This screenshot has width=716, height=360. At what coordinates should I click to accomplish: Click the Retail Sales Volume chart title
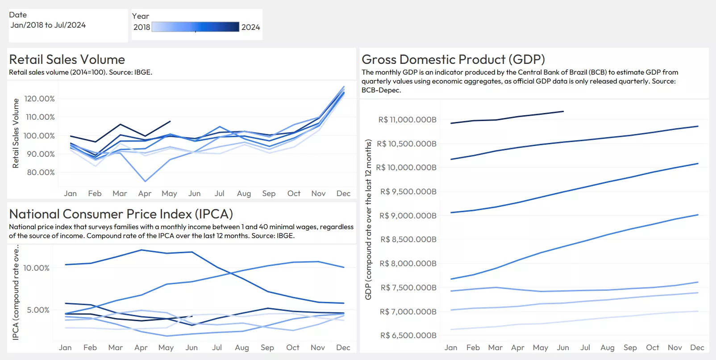(x=67, y=59)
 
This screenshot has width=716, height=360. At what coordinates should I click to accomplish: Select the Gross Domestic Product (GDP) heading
(x=453, y=59)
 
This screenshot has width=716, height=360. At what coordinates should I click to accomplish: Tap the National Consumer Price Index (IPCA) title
(x=121, y=214)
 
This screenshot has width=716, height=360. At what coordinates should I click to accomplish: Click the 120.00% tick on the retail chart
(x=40, y=99)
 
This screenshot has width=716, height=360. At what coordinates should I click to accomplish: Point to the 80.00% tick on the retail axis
(x=41, y=172)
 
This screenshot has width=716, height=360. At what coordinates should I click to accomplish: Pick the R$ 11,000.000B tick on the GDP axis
(x=407, y=120)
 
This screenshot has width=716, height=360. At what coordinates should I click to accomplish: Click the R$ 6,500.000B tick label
(x=408, y=335)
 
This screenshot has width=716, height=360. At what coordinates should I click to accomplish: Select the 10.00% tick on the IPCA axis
(x=36, y=268)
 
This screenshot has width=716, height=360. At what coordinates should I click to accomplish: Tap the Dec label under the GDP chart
(x=697, y=347)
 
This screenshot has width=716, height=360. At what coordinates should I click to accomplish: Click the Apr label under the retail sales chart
(x=145, y=193)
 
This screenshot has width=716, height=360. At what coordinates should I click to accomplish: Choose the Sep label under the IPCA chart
(x=267, y=347)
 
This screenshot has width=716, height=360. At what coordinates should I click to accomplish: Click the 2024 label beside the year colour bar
(x=250, y=27)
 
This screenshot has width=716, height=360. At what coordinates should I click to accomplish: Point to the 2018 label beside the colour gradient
(x=142, y=27)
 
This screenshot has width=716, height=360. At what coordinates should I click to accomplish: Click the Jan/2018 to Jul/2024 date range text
(x=48, y=25)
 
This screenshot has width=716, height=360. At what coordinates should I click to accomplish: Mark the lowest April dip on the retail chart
(x=145, y=181)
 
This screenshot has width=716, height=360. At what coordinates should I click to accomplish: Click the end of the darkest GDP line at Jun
(x=563, y=112)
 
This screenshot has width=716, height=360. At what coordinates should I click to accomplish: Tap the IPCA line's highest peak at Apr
(x=142, y=250)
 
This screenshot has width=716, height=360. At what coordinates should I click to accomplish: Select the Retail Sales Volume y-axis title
(x=16, y=133)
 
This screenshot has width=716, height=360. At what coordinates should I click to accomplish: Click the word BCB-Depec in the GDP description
(x=381, y=90)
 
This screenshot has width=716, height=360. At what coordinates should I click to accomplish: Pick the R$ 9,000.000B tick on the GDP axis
(x=408, y=216)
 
